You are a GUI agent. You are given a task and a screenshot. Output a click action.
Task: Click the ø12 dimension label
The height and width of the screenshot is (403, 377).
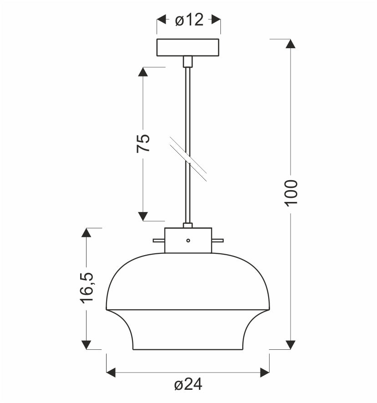click(x=189, y=20)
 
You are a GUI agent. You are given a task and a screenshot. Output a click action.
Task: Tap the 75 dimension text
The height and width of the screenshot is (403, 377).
click(x=143, y=143)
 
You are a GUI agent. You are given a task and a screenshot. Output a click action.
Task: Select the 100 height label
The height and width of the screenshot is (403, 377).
click(x=291, y=193)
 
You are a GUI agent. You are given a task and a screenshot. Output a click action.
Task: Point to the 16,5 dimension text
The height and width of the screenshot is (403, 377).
click(x=87, y=287)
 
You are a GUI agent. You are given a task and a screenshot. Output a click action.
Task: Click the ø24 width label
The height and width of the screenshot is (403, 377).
click(x=188, y=385)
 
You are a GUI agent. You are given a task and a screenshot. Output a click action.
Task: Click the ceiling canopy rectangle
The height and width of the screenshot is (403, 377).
click(x=188, y=47)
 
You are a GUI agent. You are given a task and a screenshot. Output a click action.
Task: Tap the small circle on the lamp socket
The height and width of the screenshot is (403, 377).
click(x=188, y=241)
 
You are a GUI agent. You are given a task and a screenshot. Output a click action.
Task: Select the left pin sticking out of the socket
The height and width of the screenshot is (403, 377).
click(x=159, y=241)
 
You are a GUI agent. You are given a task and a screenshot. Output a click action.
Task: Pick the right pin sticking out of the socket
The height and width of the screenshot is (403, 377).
click(x=218, y=241)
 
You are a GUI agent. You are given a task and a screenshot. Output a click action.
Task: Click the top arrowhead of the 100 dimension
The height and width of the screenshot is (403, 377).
click(x=290, y=44)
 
